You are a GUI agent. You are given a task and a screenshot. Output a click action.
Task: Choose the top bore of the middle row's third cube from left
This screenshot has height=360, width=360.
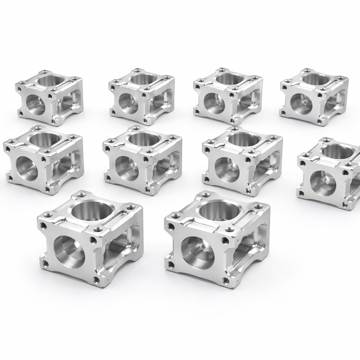(x=244, y=139)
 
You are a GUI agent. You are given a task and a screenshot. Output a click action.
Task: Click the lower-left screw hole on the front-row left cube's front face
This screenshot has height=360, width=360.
(x=45, y=264)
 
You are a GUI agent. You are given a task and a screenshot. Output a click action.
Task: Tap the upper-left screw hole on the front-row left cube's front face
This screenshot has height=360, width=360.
(x=44, y=226)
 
